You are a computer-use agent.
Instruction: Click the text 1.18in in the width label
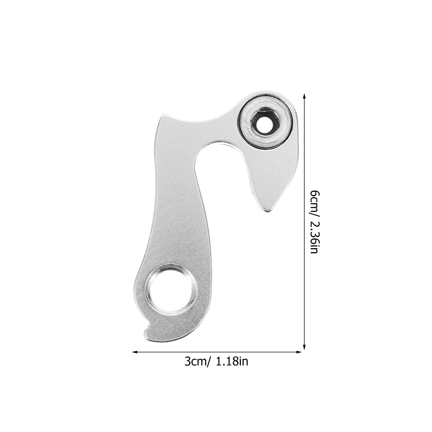click(x=232, y=361)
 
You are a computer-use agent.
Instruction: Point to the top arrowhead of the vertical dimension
click(x=304, y=96)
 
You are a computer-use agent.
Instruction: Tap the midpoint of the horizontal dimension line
click(x=217, y=352)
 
